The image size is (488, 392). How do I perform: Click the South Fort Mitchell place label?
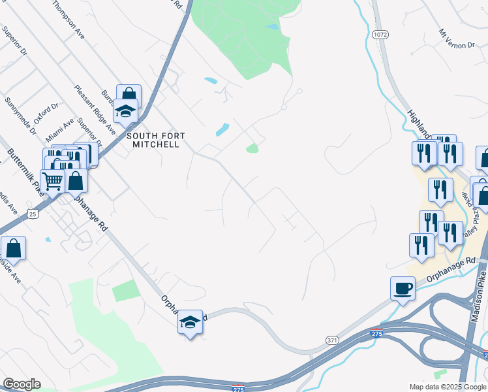coord(156,140)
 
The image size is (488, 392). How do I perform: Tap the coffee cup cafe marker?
coord(403,288)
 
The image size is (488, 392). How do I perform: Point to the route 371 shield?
coord(332,340)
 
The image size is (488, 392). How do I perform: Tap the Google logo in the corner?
coord(22,384)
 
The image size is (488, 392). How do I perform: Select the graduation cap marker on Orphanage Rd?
coord(190,322)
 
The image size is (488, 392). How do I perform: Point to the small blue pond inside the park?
coord(271,27)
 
